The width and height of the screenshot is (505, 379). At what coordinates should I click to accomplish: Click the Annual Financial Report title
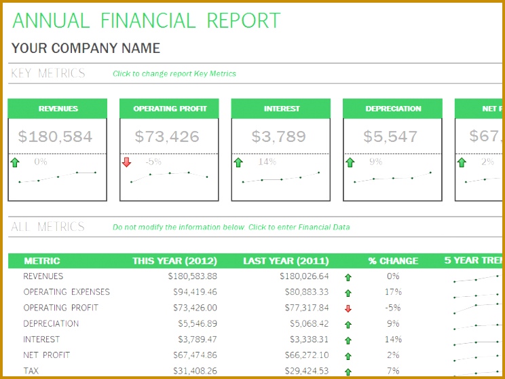[x=146, y=20]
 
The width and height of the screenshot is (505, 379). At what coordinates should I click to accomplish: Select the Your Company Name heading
[x=86, y=48]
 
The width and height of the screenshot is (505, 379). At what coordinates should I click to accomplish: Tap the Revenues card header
[x=58, y=109]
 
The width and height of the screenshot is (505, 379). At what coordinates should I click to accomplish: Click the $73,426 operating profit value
[x=167, y=137]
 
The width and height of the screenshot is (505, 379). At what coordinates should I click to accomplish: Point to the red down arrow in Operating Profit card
[x=126, y=162]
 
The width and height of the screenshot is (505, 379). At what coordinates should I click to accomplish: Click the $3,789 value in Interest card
[x=278, y=137]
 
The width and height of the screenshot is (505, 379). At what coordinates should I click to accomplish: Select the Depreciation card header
[x=393, y=109]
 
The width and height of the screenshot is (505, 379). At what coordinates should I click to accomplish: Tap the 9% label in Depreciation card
[x=375, y=162]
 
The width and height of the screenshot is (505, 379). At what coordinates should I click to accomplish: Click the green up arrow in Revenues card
[x=15, y=162]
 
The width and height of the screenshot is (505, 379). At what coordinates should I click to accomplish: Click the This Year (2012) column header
[x=174, y=261]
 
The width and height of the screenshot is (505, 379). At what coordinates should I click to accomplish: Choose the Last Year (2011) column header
[x=286, y=261]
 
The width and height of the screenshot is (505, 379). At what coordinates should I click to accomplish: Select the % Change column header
[x=393, y=261]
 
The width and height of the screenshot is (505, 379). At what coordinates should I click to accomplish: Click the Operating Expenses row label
[x=67, y=292]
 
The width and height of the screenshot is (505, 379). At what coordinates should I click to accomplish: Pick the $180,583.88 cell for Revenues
[x=192, y=276]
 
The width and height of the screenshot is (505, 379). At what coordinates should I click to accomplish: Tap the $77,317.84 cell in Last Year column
[x=304, y=308]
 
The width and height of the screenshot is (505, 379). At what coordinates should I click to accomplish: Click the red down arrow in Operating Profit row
[x=348, y=308]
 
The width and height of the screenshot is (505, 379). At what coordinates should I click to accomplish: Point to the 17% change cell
[x=393, y=292]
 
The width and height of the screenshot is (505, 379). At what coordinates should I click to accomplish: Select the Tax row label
[x=31, y=371]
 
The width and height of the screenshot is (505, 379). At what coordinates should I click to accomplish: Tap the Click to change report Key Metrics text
[x=174, y=74]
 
